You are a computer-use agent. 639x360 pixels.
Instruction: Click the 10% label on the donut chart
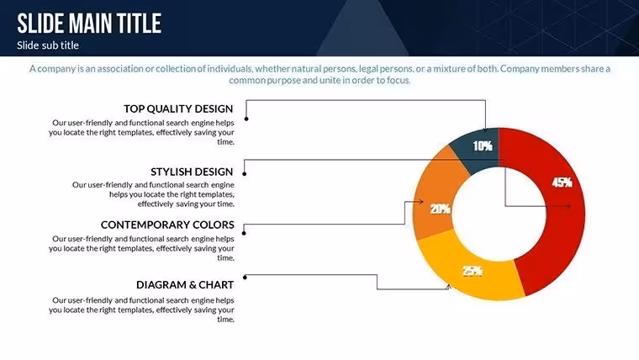tap(483, 146)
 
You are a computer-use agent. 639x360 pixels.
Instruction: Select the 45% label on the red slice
tap(562, 183)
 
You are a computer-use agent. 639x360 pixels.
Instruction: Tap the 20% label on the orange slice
tap(440, 209)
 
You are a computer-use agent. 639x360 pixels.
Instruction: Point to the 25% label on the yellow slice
tap(473, 271)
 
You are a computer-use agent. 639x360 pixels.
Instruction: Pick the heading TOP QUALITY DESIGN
tap(178, 109)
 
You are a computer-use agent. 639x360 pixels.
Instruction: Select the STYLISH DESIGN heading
tap(192, 172)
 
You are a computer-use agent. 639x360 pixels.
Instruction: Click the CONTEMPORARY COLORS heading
tap(167, 225)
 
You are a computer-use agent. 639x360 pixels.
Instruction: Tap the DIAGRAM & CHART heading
tap(185, 284)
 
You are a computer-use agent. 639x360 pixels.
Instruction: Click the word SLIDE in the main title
tap(40, 24)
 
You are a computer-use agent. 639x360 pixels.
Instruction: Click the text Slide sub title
tap(48, 45)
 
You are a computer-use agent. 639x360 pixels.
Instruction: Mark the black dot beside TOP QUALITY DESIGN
tap(246, 119)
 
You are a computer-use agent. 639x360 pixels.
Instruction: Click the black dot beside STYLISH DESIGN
tap(245, 174)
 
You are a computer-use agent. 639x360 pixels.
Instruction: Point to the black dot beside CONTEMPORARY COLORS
tap(244, 233)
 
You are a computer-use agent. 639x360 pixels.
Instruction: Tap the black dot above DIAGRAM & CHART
tap(245, 278)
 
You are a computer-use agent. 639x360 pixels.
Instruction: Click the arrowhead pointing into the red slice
tap(569, 206)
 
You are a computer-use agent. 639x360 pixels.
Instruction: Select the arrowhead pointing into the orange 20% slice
tap(420, 201)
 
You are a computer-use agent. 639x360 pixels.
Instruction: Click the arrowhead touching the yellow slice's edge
tap(448, 287)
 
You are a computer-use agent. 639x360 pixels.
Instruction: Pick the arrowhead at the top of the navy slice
tap(485, 130)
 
